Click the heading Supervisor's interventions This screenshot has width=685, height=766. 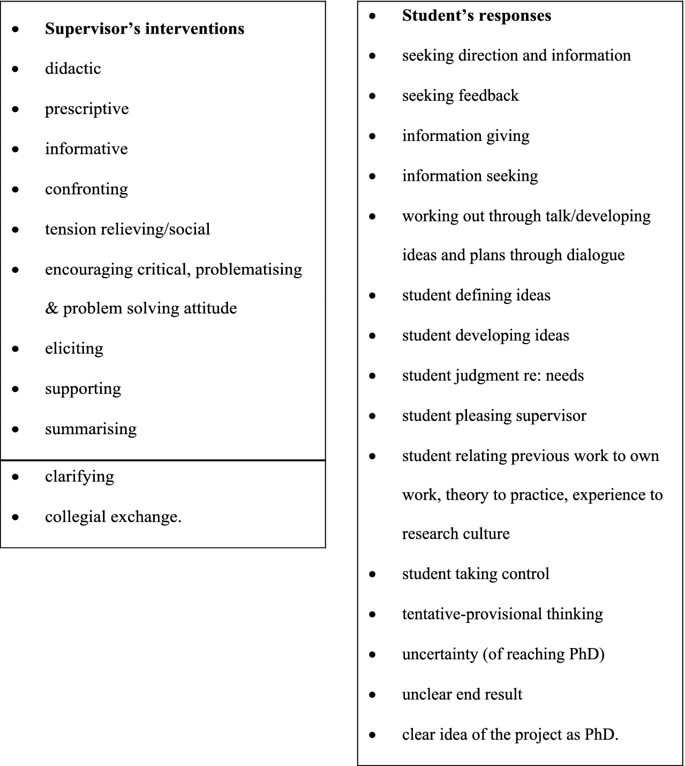(145, 29)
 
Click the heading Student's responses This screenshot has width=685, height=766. (476, 16)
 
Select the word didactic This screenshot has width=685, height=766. (73, 69)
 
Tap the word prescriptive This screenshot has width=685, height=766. (87, 109)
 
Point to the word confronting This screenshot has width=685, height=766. (86, 189)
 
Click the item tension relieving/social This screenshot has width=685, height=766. (127, 229)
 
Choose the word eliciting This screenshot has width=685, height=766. (74, 348)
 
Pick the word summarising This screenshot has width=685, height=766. (91, 429)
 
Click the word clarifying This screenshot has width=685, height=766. (79, 477)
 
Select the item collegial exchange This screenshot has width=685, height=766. (113, 517)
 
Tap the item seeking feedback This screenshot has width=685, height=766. (460, 95)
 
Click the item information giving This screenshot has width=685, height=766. (465, 136)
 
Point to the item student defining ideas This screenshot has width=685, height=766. (476, 295)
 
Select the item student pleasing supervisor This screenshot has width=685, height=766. (494, 416)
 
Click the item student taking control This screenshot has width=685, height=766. (476, 574)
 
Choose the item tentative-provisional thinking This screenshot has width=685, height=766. (502, 614)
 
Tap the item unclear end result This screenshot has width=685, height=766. (462, 695)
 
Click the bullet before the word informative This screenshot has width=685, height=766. (16, 150)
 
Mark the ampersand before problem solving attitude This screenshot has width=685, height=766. (51, 309)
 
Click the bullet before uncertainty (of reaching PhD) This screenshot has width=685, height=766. (373, 655)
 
